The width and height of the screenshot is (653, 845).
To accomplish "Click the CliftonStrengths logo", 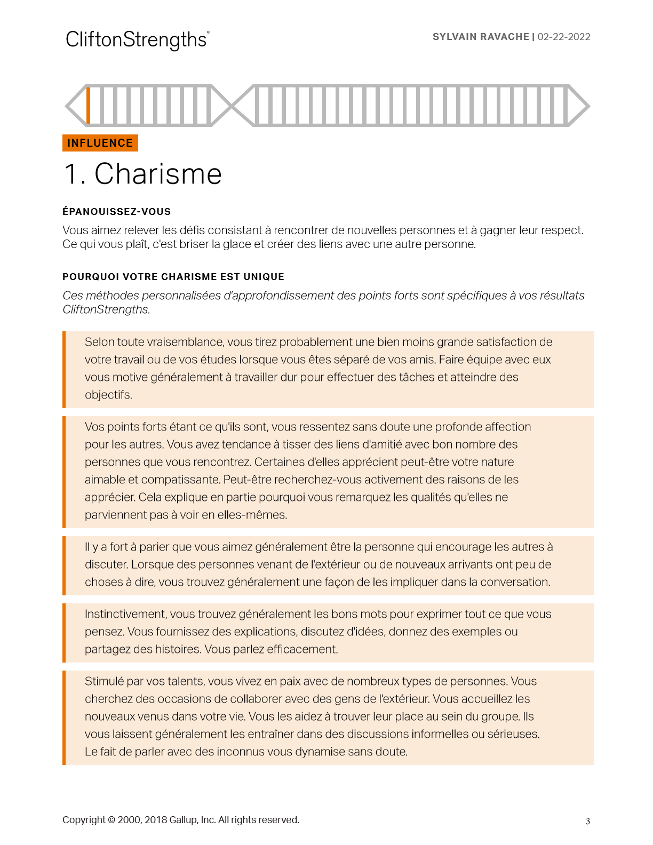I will click(137, 40).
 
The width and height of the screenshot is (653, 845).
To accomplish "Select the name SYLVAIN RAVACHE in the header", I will click(481, 37).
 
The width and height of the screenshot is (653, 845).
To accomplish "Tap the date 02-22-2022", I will click(564, 37).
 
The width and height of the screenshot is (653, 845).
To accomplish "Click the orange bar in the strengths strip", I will click(89, 105).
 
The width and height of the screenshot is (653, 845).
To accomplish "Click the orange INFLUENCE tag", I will click(100, 143).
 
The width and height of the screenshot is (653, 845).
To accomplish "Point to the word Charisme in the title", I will click(158, 174).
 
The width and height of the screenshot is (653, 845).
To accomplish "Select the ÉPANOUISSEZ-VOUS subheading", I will click(116, 212).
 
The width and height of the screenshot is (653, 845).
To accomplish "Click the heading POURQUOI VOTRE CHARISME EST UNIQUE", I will click(173, 277).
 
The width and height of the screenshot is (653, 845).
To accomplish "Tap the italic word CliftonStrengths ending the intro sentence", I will click(106, 309).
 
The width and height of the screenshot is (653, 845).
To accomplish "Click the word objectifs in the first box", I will click(108, 395).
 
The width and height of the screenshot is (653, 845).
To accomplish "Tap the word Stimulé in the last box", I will click(104, 681).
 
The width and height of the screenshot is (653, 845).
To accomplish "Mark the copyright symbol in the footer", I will click(112, 820).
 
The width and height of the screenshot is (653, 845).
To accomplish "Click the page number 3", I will click(588, 822).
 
